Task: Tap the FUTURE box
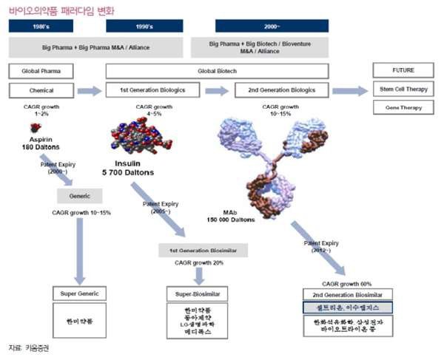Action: [404, 71]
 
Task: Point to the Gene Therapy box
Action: [404, 106]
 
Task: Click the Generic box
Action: [79, 196]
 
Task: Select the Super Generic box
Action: [79, 293]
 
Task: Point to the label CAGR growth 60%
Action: [346, 283]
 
